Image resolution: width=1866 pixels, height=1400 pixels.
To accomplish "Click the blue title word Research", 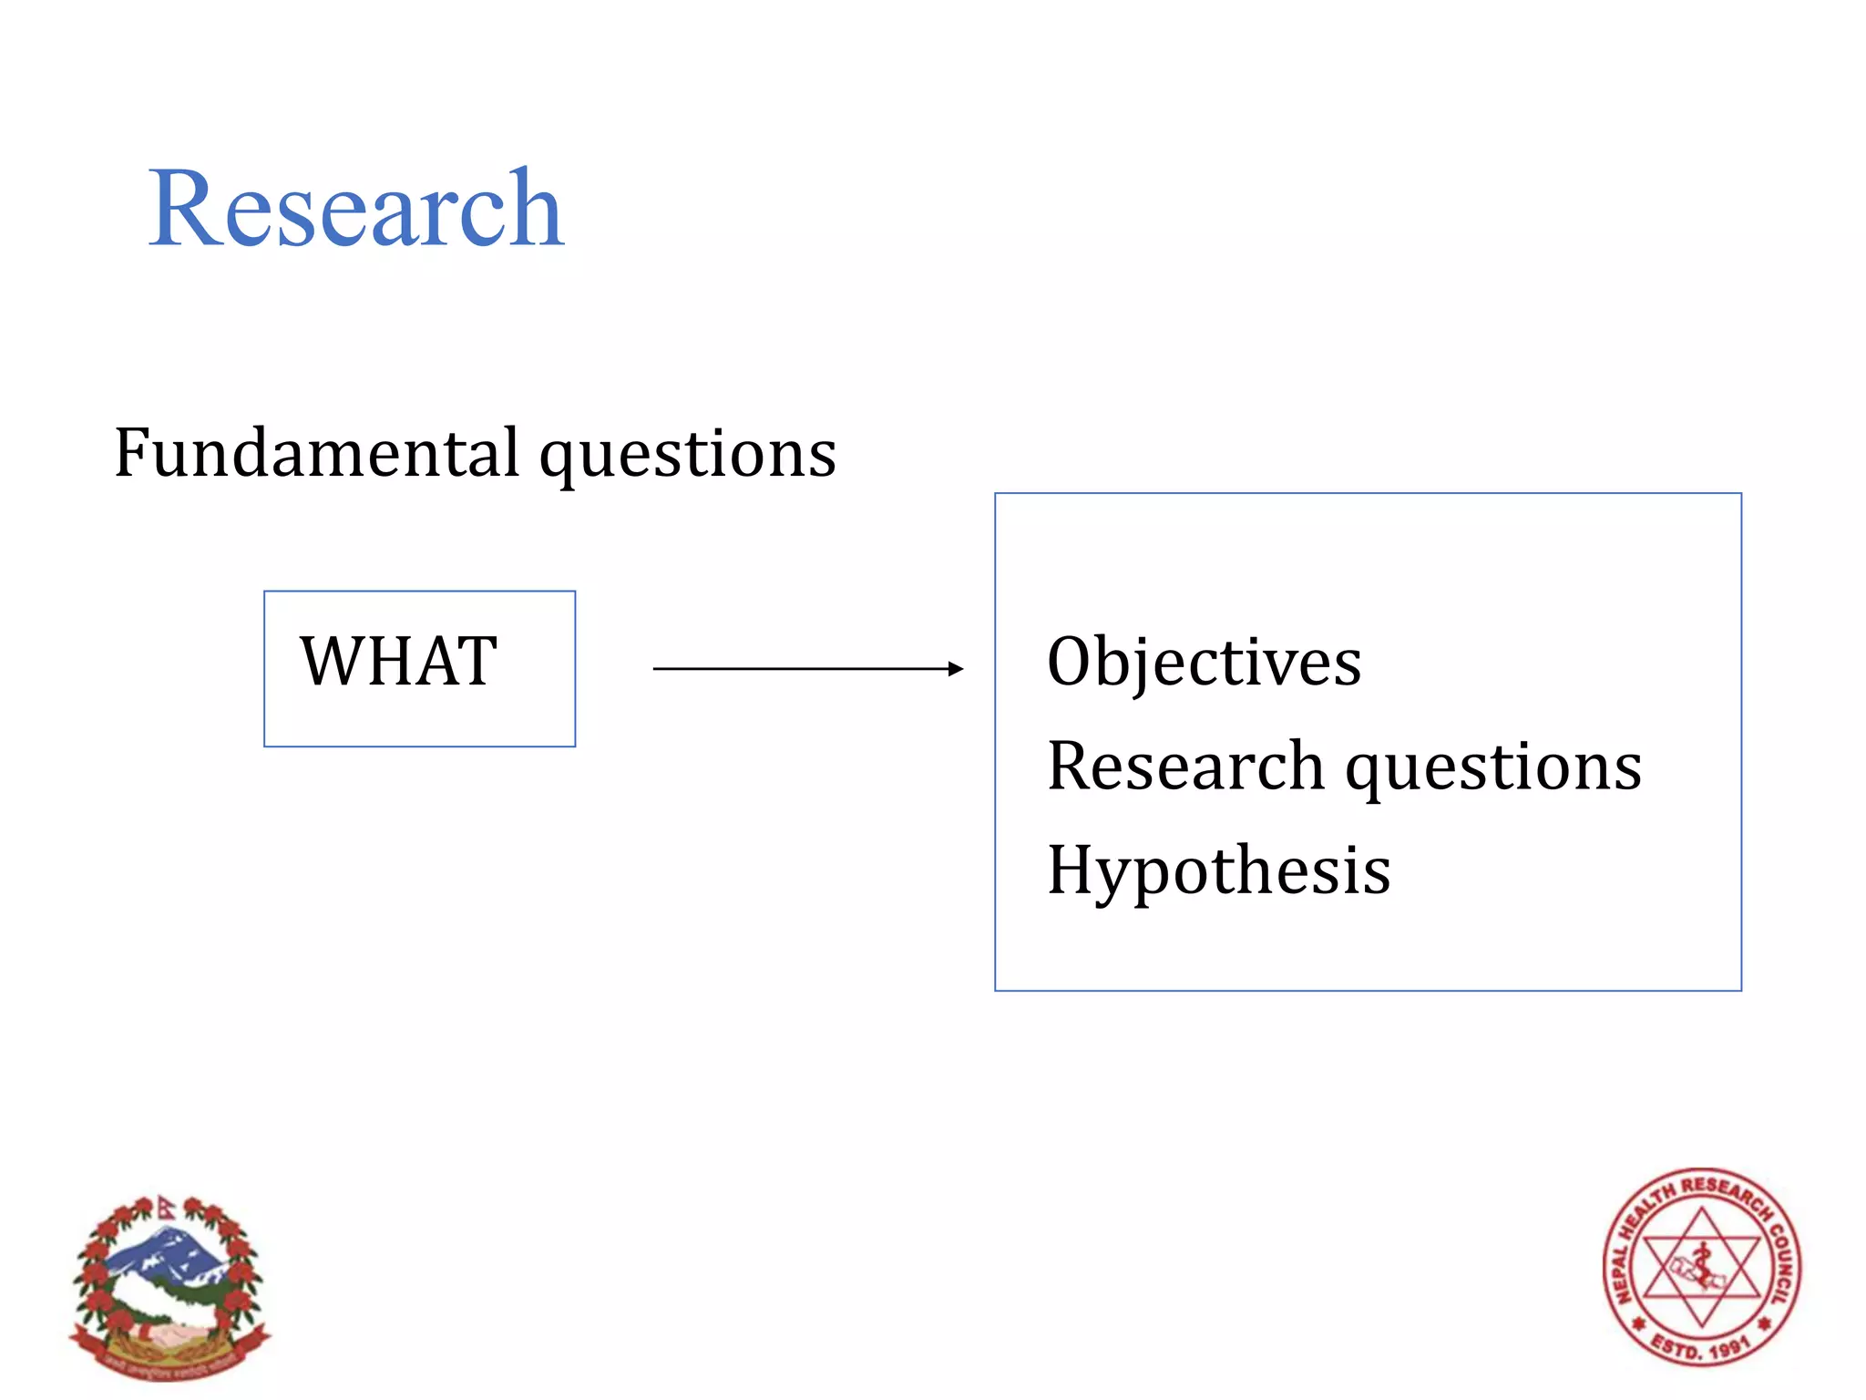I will tap(356, 209).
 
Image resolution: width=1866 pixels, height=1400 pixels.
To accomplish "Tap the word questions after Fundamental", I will tap(688, 456).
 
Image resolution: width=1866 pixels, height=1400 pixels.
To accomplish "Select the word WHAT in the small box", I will tap(399, 662).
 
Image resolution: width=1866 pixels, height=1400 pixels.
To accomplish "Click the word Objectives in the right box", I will tap(1204, 662).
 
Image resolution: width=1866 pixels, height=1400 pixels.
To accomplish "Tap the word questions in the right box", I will tap(1493, 770).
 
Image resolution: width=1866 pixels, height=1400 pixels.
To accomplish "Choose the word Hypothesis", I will tap(1219, 871).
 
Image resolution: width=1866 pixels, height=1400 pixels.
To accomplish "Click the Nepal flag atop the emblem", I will tap(164, 1208).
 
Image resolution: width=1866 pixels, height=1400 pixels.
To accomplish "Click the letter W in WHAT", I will tap(331, 662).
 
